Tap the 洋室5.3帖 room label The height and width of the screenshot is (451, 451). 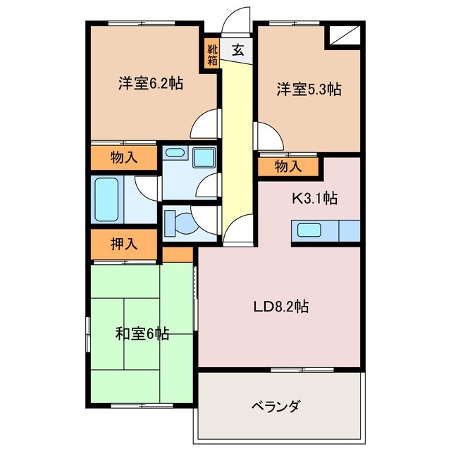pyautogui.click(x=308, y=89)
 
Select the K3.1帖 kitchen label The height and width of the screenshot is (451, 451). pyautogui.click(x=315, y=199)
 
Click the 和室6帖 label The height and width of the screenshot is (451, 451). pyautogui.click(x=142, y=333)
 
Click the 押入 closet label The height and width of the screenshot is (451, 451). pyautogui.click(x=123, y=245)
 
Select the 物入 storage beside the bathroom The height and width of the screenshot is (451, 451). pyautogui.click(x=123, y=158)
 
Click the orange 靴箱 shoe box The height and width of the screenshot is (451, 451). pyautogui.click(x=212, y=55)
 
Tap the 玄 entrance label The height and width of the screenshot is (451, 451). pyautogui.click(x=239, y=50)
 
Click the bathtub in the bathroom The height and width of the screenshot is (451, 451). pyautogui.click(x=107, y=199)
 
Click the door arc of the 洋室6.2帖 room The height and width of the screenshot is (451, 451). pyautogui.click(x=204, y=123)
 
